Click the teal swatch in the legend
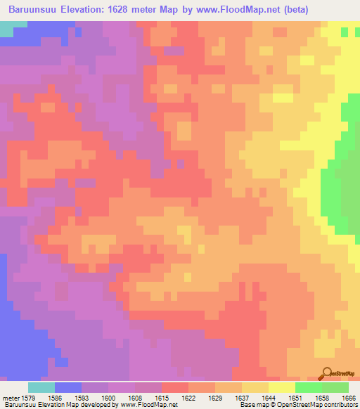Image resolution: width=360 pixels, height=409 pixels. [x=41, y=387]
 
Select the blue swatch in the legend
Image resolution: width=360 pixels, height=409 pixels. [x=68, y=387]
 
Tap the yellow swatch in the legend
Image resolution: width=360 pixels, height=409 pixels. [x=282, y=387]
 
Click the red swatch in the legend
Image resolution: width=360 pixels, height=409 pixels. [x=175, y=387]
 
